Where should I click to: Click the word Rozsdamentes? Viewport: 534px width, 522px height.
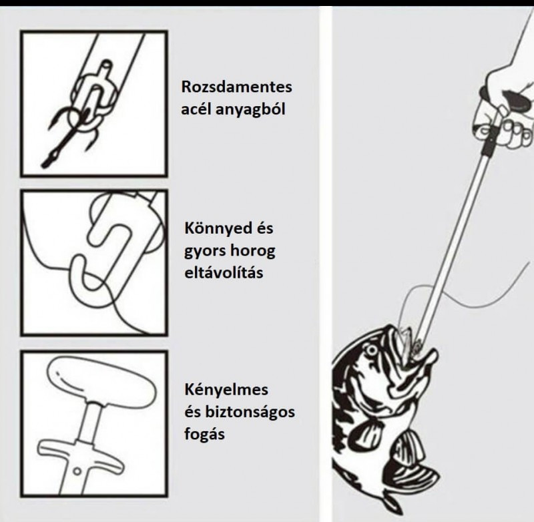coord(236,87)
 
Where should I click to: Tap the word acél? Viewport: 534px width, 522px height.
coord(195,109)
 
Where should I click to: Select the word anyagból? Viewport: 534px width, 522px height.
coord(250,109)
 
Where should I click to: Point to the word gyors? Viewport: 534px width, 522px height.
coord(205,252)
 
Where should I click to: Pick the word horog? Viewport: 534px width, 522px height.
coord(253,252)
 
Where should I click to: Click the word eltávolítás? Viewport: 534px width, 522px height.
coord(224,273)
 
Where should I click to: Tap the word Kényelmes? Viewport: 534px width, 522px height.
coord(226,390)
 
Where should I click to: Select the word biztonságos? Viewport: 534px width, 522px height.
coord(250,413)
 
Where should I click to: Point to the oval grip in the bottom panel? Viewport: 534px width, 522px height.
coord(101,382)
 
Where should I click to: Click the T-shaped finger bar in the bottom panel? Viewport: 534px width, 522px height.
coord(79,451)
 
